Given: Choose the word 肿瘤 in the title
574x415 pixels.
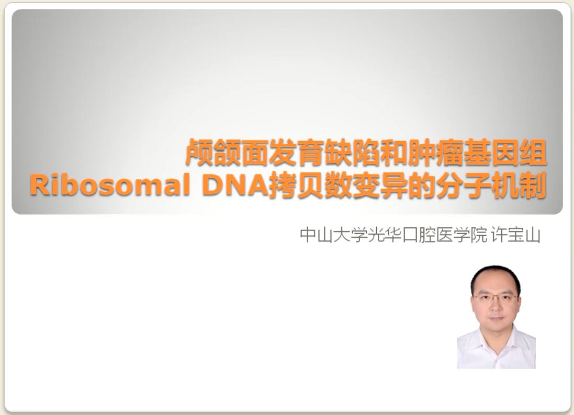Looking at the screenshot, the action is point(435,153).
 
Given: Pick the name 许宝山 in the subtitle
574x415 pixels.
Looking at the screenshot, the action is point(515,235).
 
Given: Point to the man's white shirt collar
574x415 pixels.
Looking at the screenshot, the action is point(497,342).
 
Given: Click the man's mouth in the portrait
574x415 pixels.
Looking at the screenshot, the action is point(496,318).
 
